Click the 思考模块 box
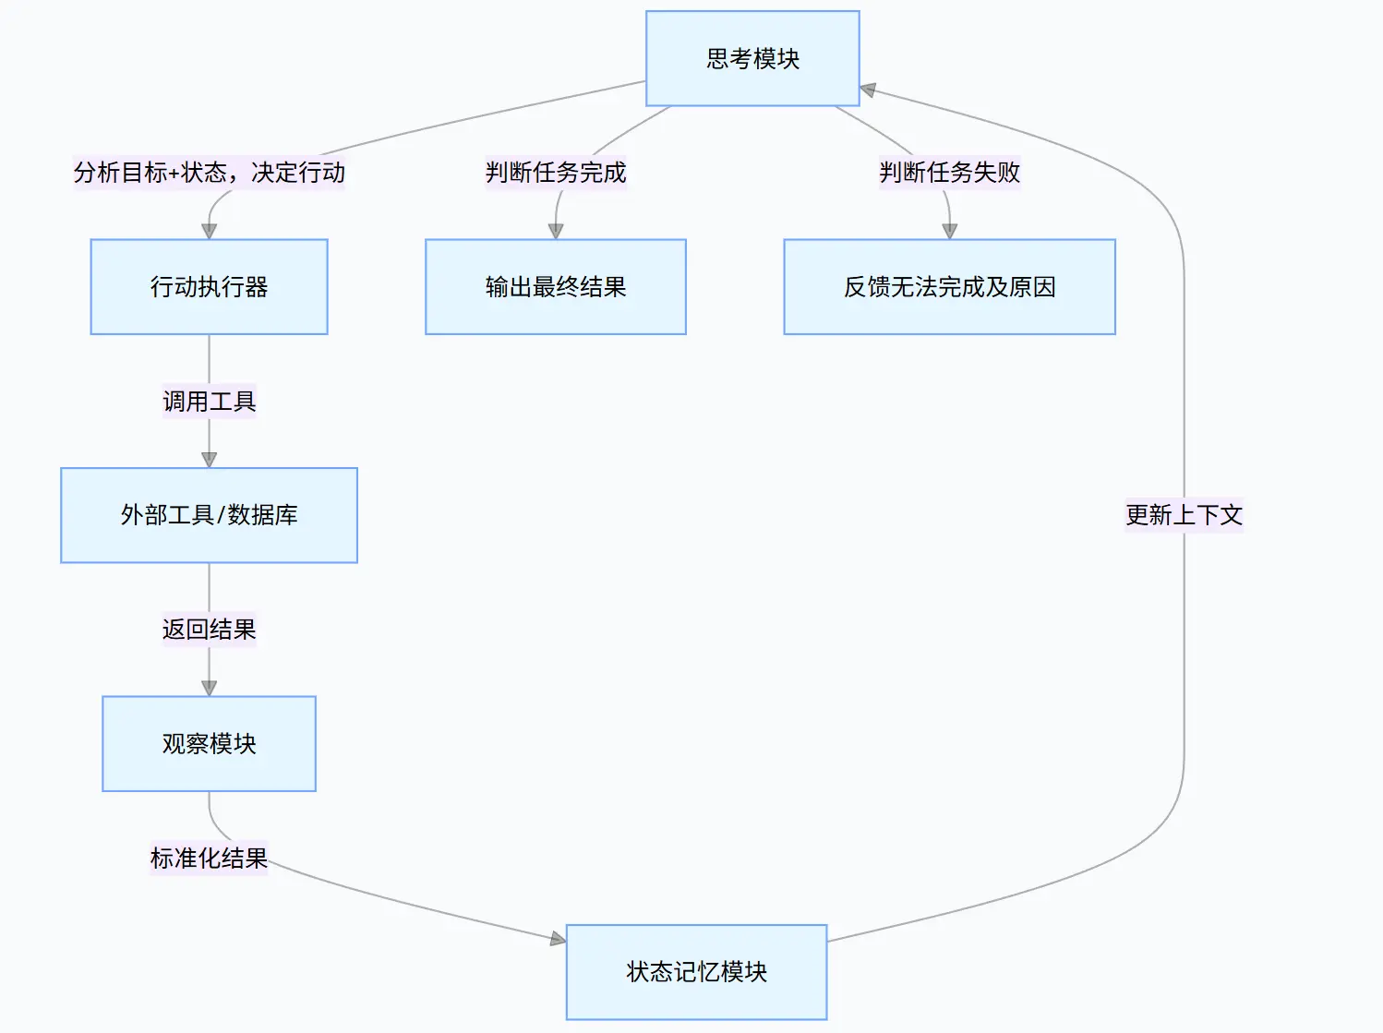752,58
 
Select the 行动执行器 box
209,287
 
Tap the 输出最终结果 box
555,287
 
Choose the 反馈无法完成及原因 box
949,287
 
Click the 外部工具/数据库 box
209,515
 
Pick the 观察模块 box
209,743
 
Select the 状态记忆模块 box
696,971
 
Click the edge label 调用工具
209,402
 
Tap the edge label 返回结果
209,630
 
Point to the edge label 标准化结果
209,858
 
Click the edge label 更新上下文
1184,515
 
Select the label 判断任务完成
555,173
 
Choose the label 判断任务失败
949,173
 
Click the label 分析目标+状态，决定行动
209,173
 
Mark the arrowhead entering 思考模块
868,90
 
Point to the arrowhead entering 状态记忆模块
558,939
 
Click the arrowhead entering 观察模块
209,689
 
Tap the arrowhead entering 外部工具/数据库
209,460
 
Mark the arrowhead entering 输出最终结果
555,232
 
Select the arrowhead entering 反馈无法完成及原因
949,232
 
